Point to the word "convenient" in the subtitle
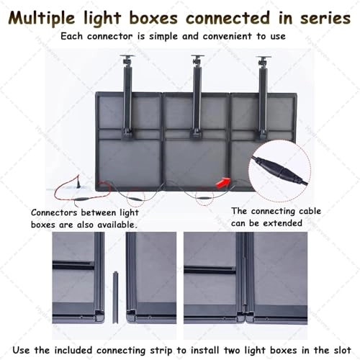point(212,36)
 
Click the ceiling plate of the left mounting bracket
point(130,57)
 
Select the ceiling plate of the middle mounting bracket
point(197,57)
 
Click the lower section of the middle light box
point(196,162)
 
